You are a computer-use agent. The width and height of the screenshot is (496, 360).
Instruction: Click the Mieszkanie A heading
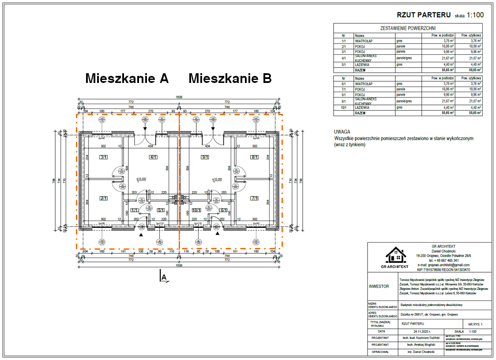coord(127,79)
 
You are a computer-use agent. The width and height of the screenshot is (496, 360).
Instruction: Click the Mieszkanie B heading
coord(230,79)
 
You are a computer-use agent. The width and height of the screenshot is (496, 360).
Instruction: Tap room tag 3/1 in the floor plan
coord(104,157)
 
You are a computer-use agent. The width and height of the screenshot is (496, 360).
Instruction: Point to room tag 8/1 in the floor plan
coord(255,157)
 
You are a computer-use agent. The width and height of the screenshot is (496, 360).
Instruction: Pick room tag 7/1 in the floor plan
coord(255,199)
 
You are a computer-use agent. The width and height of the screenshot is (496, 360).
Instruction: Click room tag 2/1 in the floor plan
coord(104,199)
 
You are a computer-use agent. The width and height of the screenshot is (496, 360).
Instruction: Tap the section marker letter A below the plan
coord(164,277)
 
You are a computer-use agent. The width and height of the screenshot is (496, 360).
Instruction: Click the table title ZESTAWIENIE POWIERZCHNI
coord(408,28)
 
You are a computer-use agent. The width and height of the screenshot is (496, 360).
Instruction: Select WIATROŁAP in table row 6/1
coord(364,83)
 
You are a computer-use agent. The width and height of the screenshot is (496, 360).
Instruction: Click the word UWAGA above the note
coord(342,132)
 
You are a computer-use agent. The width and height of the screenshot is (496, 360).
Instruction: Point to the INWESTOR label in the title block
coord(379,286)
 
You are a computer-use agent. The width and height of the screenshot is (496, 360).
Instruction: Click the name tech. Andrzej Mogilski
coord(422,345)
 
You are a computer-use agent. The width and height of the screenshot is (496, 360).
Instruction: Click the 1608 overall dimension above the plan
coord(179,97)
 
